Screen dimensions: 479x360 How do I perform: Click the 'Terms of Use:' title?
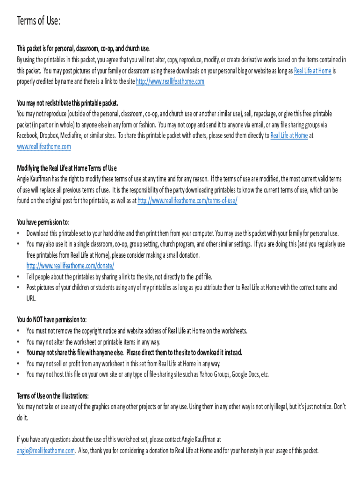pyautogui.click(x=39, y=21)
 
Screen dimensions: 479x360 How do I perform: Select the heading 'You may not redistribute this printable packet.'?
pyautogui.click(x=67, y=103)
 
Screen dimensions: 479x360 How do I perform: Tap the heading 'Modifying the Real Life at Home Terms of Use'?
pyautogui.click(x=67, y=168)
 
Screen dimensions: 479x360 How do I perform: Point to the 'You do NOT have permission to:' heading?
pyautogui.click(x=52, y=320)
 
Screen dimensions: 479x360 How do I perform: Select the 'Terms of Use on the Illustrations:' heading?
pyautogui.click(x=53, y=396)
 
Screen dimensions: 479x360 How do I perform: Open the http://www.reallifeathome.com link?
pyautogui.click(x=170, y=81)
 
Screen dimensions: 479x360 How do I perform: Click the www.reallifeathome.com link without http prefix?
pyautogui.click(x=44, y=146)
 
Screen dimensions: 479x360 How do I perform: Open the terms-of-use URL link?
pyautogui.click(x=187, y=201)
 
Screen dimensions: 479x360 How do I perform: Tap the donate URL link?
pyautogui.click(x=71, y=265)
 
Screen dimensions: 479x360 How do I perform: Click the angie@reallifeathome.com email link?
pyautogui.click(x=46, y=451)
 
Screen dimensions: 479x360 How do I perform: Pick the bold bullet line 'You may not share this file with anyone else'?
pyautogui.click(x=134, y=352)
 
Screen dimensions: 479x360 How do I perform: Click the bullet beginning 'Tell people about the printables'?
pyautogui.click(x=119, y=276)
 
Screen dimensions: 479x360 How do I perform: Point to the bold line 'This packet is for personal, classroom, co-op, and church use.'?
pyautogui.click(x=83, y=49)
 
